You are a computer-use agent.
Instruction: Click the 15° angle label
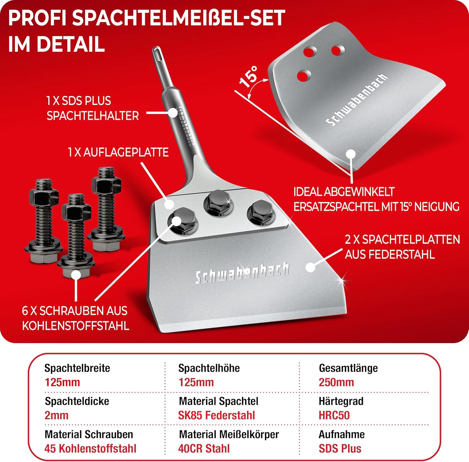click(x=249, y=76)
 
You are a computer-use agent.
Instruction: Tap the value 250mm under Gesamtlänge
click(x=336, y=382)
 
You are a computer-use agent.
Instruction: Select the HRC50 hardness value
click(x=334, y=415)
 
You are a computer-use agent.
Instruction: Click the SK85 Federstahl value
click(x=216, y=415)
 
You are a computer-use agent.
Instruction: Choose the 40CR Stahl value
click(x=204, y=448)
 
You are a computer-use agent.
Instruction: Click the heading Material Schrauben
click(x=89, y=434)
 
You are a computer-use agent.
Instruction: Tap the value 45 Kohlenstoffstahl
click(x=90, y=448)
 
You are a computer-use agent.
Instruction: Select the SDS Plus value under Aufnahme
click(x=340, y=448)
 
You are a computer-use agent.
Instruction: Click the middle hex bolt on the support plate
click(x=218, y=203)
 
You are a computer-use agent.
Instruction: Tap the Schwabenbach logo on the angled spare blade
click(x=356, y=100)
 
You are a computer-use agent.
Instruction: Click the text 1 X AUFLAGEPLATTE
click(x=118, y=152)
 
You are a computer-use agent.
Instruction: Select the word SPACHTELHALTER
click(x=93, y=116)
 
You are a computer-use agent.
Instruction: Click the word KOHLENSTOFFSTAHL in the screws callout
click(x=75, y=326)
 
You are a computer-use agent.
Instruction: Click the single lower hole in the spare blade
click(x=304, y=75)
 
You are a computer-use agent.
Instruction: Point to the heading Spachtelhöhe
click(x=209, y=368)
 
